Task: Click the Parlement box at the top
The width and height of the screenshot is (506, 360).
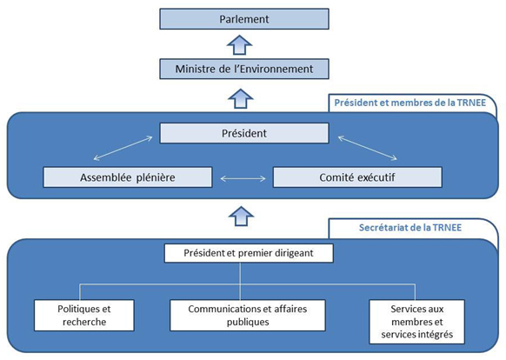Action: click(243, 18)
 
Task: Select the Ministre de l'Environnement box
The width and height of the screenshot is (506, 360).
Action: click(243, 68)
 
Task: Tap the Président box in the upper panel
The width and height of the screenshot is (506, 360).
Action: click(243, 134)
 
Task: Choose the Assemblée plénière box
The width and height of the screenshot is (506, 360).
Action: click(127, 177)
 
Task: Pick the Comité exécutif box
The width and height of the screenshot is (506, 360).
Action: click(359, 177)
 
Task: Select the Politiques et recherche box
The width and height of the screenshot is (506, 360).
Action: click(84, 314)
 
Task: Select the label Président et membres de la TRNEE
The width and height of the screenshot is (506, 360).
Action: click(404, 103)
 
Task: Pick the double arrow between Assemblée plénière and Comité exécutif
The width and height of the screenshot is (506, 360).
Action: click(243, 177)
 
